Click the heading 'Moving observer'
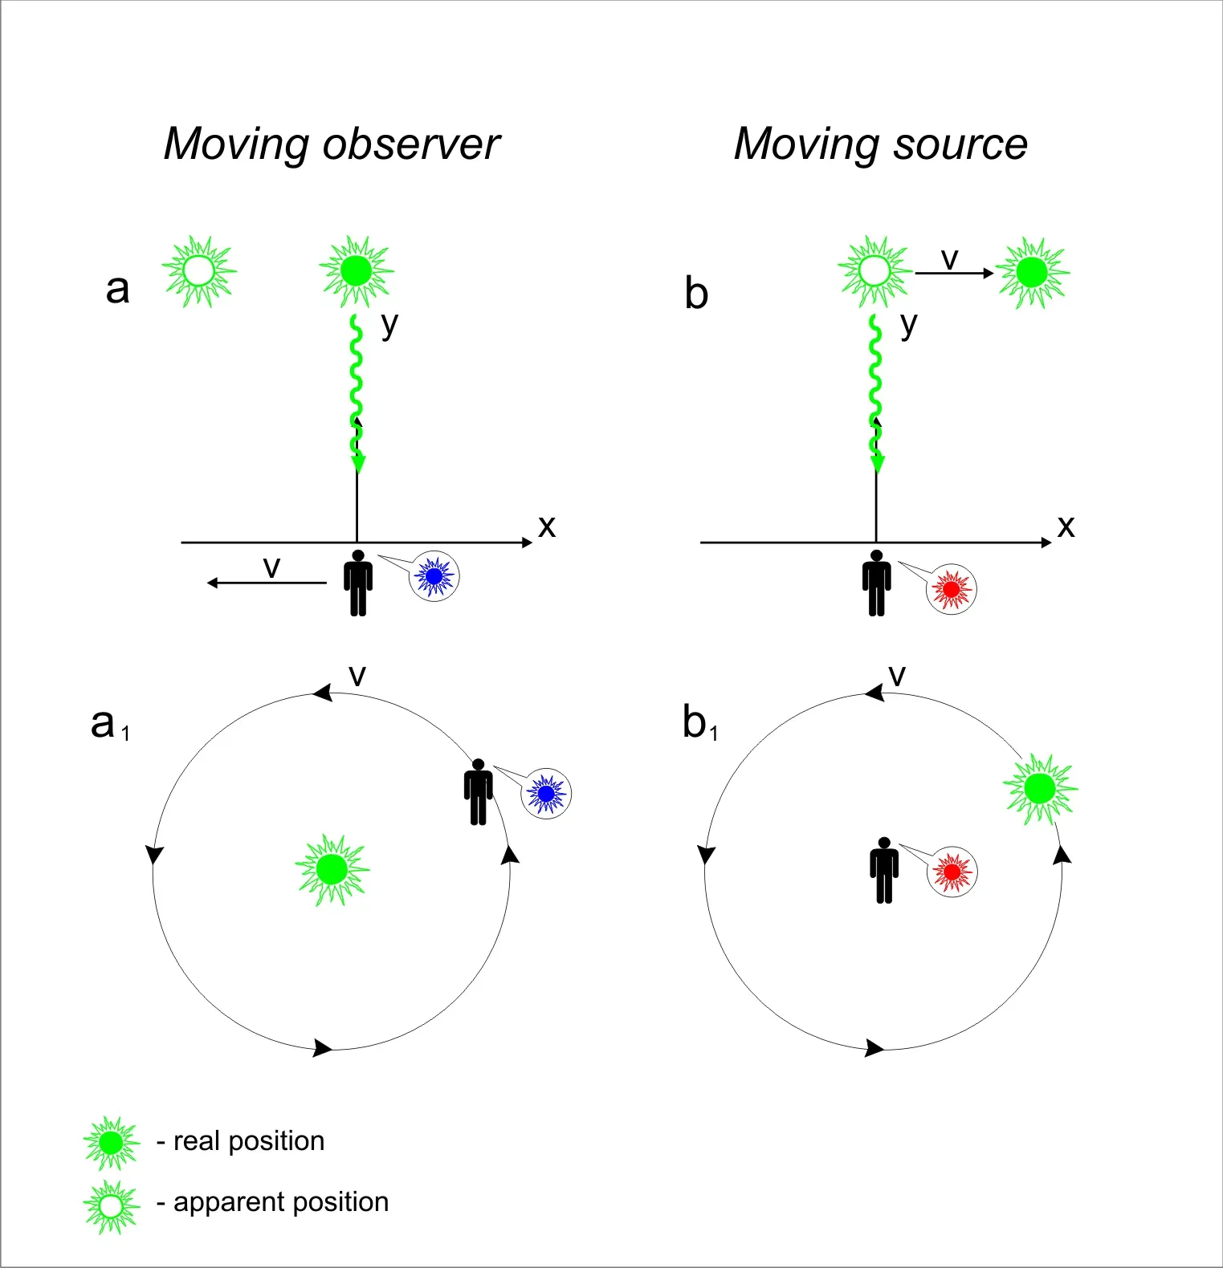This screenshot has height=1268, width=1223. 332,144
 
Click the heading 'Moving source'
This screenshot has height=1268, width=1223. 880,144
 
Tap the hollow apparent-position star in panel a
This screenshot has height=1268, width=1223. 199,271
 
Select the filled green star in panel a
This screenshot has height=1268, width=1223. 356,271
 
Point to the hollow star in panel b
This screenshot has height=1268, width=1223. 874,271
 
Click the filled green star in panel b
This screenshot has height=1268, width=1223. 1032,273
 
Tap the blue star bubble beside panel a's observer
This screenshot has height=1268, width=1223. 434,576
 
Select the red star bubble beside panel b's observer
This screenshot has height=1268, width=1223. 952,589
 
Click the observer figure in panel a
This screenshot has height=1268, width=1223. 358,583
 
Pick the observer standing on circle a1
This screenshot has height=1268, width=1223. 479,792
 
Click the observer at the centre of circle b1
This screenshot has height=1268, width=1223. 884,871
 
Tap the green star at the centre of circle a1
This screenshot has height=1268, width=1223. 332,869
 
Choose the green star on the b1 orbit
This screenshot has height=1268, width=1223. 1041,789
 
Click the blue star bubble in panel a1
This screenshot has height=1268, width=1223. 546,794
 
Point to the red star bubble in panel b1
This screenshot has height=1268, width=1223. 952,872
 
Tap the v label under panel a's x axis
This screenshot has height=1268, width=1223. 271,567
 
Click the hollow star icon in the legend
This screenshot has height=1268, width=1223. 111,1206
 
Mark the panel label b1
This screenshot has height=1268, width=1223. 699,723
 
